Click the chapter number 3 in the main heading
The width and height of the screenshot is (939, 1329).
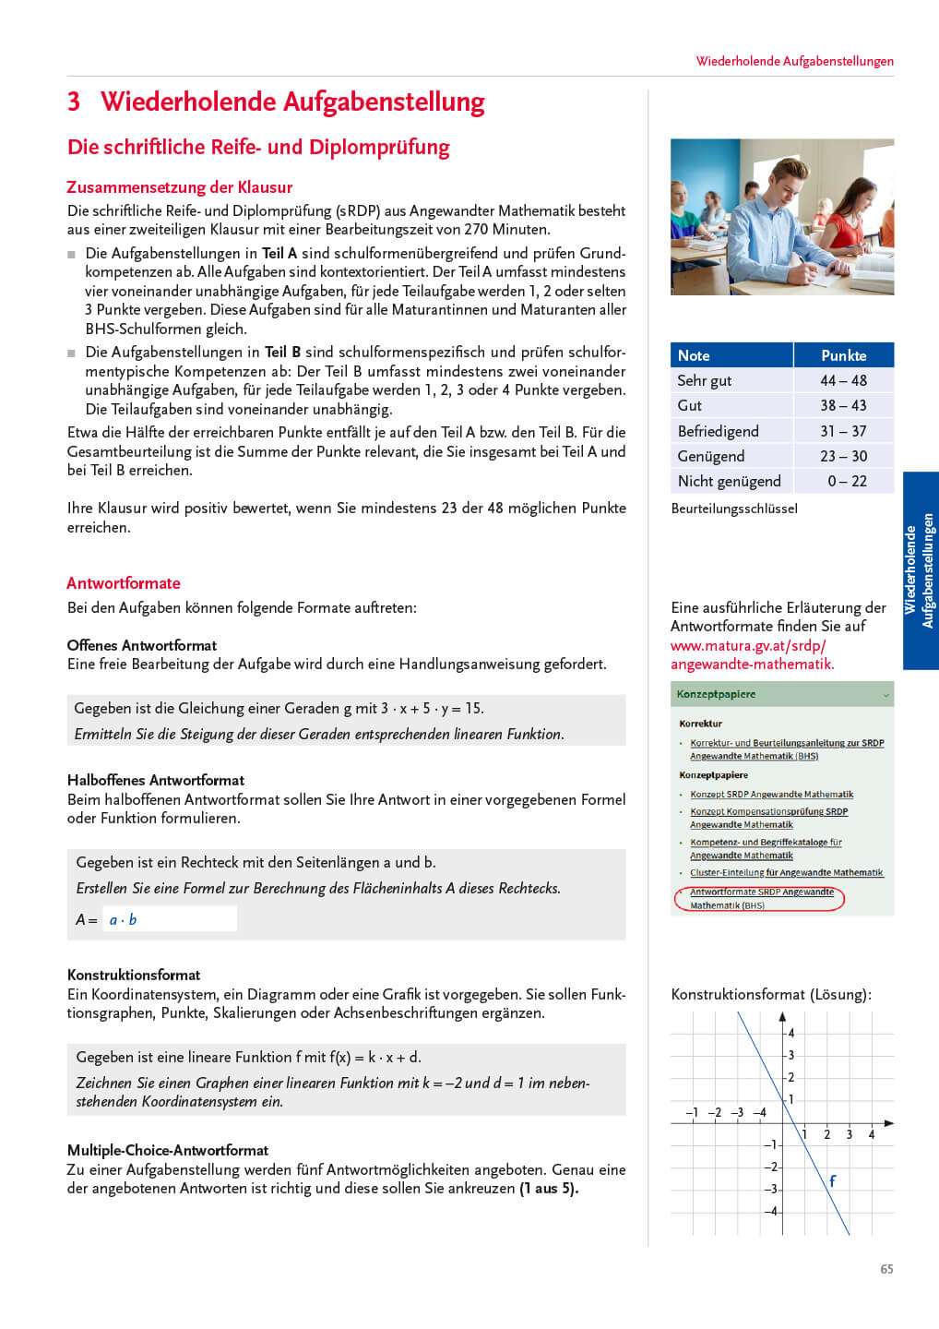point(74,102)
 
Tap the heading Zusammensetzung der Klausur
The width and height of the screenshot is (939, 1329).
point(179,187)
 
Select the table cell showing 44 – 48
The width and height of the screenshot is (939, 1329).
point(843,380)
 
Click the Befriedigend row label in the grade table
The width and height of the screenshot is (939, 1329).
point(718,431)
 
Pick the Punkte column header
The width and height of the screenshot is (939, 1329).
point(843,355)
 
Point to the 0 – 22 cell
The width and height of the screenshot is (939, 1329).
point(847,481)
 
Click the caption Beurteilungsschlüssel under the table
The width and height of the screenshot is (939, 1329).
point(734,509)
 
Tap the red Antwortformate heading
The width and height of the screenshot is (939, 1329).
point(124,583)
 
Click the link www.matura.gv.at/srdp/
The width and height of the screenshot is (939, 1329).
point(748,645)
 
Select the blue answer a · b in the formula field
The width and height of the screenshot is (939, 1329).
point(123,919)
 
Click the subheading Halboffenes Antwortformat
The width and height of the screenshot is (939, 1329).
point(156,780)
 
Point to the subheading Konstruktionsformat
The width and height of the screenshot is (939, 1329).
point(134,975)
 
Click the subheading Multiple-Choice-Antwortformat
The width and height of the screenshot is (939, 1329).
point(168,1150)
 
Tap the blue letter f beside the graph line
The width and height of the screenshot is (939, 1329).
point(832,1180)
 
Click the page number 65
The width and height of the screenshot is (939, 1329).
point(886,1269)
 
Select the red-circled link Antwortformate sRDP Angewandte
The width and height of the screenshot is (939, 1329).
point(761,892)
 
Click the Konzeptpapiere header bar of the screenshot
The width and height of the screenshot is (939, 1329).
point(781,694)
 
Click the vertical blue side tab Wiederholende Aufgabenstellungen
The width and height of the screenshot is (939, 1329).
point(920,570)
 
